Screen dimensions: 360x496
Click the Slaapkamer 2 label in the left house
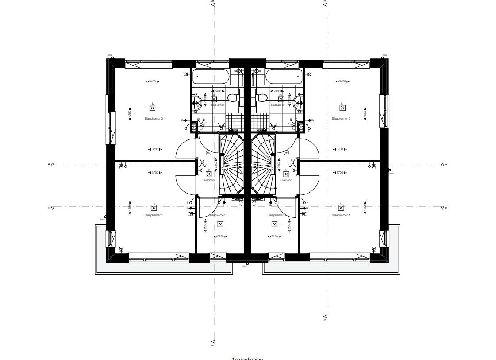tap(154, 119)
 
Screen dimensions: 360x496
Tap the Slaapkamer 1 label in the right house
tap(341, 215)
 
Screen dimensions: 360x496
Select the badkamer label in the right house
tap(277, 105)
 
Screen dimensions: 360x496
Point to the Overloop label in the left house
tap(208, 181)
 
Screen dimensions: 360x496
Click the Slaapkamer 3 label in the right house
tap(276, 215)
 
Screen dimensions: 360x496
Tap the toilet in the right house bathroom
tap(262, 97)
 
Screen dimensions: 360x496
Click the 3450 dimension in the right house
tap(342, 81)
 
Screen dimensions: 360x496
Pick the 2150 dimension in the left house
tap(218, 237)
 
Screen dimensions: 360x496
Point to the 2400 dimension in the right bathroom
tap(277, 91)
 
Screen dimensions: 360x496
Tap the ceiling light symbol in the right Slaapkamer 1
tap(341, 207)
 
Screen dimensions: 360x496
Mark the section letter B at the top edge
tap(213, 2)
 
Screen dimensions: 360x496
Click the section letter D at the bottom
tap(325, 319)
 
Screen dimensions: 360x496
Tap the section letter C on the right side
tap(446, 208)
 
